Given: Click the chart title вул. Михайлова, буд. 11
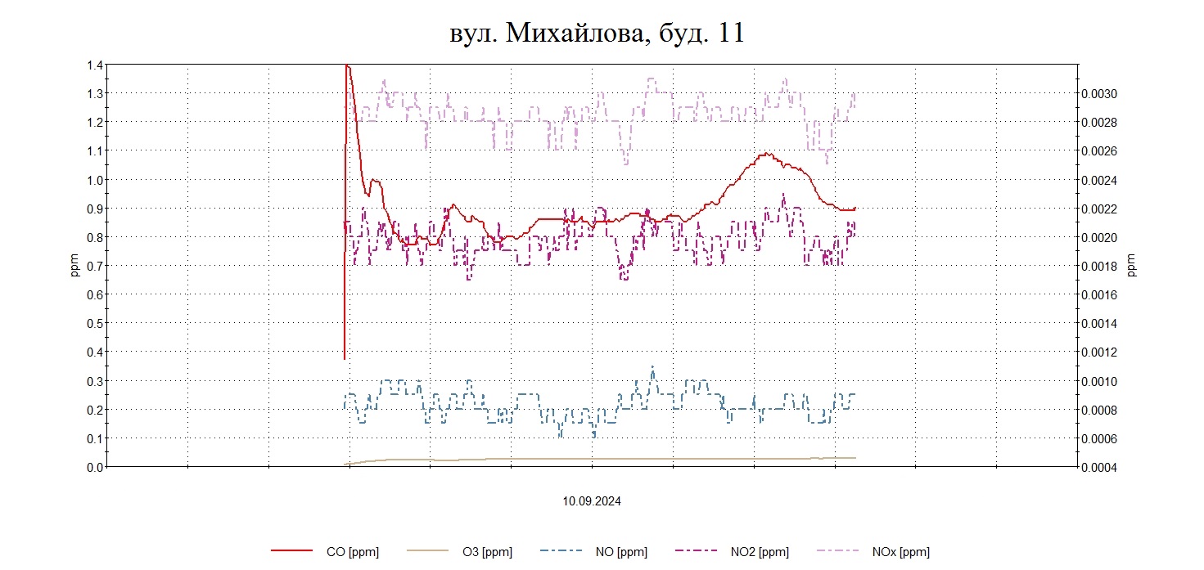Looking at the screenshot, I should coord(597,33).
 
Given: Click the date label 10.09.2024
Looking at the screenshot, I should coord(591,501).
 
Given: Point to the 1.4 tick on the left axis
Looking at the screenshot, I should coord(94,65).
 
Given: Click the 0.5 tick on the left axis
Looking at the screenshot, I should coord(94,323).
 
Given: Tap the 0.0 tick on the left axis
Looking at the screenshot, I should coord(94,467).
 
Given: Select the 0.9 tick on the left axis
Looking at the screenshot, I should coord(94,209).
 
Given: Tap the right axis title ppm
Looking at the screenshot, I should coord(1132,266).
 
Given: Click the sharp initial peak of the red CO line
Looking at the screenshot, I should coord(348,65).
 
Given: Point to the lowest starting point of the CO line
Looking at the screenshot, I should coord(345,358).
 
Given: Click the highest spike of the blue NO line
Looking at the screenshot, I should coord(652,367).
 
